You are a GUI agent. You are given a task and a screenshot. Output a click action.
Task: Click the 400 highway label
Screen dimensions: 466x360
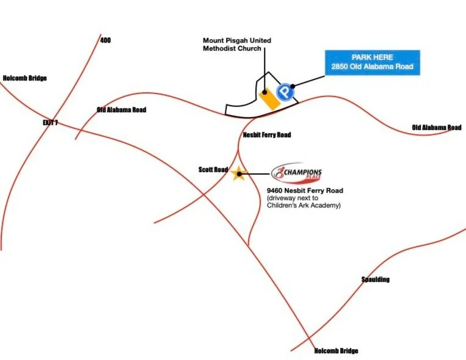tap(106, 40)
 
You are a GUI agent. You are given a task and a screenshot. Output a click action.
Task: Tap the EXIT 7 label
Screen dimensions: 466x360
tap(50, 123)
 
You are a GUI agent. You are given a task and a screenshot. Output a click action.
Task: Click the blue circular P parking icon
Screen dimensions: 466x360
tap(283, 93)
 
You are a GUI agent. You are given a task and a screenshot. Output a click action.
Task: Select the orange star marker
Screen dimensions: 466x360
tap(238, 174)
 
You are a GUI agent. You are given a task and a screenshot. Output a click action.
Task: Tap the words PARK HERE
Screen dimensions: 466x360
tap(372, 57)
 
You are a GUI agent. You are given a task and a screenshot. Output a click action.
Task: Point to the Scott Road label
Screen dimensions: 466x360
tap(213, 170)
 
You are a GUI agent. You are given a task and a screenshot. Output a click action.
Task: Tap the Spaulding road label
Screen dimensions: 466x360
tap(375, 279)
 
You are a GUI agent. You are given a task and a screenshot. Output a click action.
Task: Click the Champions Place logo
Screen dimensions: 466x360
tap(297, 173)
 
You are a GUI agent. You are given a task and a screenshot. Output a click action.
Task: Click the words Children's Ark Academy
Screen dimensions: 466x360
tap(304, 206)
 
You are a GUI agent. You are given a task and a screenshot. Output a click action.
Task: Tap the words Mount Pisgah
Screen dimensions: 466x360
tap(225, 41)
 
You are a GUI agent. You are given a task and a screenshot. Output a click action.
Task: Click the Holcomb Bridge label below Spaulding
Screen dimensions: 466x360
tap(336, 351)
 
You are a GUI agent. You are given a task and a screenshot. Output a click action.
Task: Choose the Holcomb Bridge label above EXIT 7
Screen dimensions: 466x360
tap(24, 78)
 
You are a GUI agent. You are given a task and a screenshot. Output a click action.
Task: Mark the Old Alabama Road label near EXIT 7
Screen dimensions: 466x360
tap(122, 110)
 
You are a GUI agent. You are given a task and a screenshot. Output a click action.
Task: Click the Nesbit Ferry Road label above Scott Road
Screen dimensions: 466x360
tap(267, 135)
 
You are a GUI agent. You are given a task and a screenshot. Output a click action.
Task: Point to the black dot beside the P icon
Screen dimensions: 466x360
tap(293, 86)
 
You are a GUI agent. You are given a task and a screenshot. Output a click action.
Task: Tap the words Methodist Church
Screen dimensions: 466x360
tap(232, 49)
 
